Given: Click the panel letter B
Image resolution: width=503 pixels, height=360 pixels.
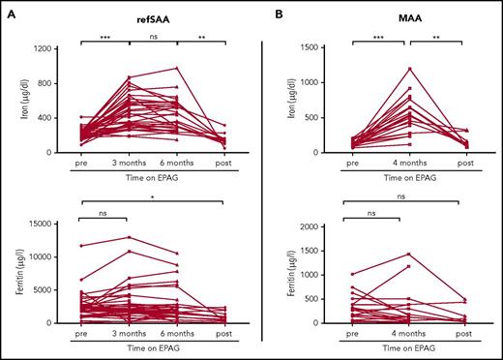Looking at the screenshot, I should [x=276, y=14].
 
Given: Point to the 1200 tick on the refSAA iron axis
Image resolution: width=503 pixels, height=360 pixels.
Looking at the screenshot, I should [x=42, y=47].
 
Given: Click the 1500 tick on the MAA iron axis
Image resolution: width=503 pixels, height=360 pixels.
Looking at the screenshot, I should [x=308, y=47].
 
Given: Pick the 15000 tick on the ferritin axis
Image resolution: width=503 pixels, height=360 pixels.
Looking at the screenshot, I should [x=39, y=225].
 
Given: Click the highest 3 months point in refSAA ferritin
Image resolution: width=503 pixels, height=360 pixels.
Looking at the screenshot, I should [x=128, y=237].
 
